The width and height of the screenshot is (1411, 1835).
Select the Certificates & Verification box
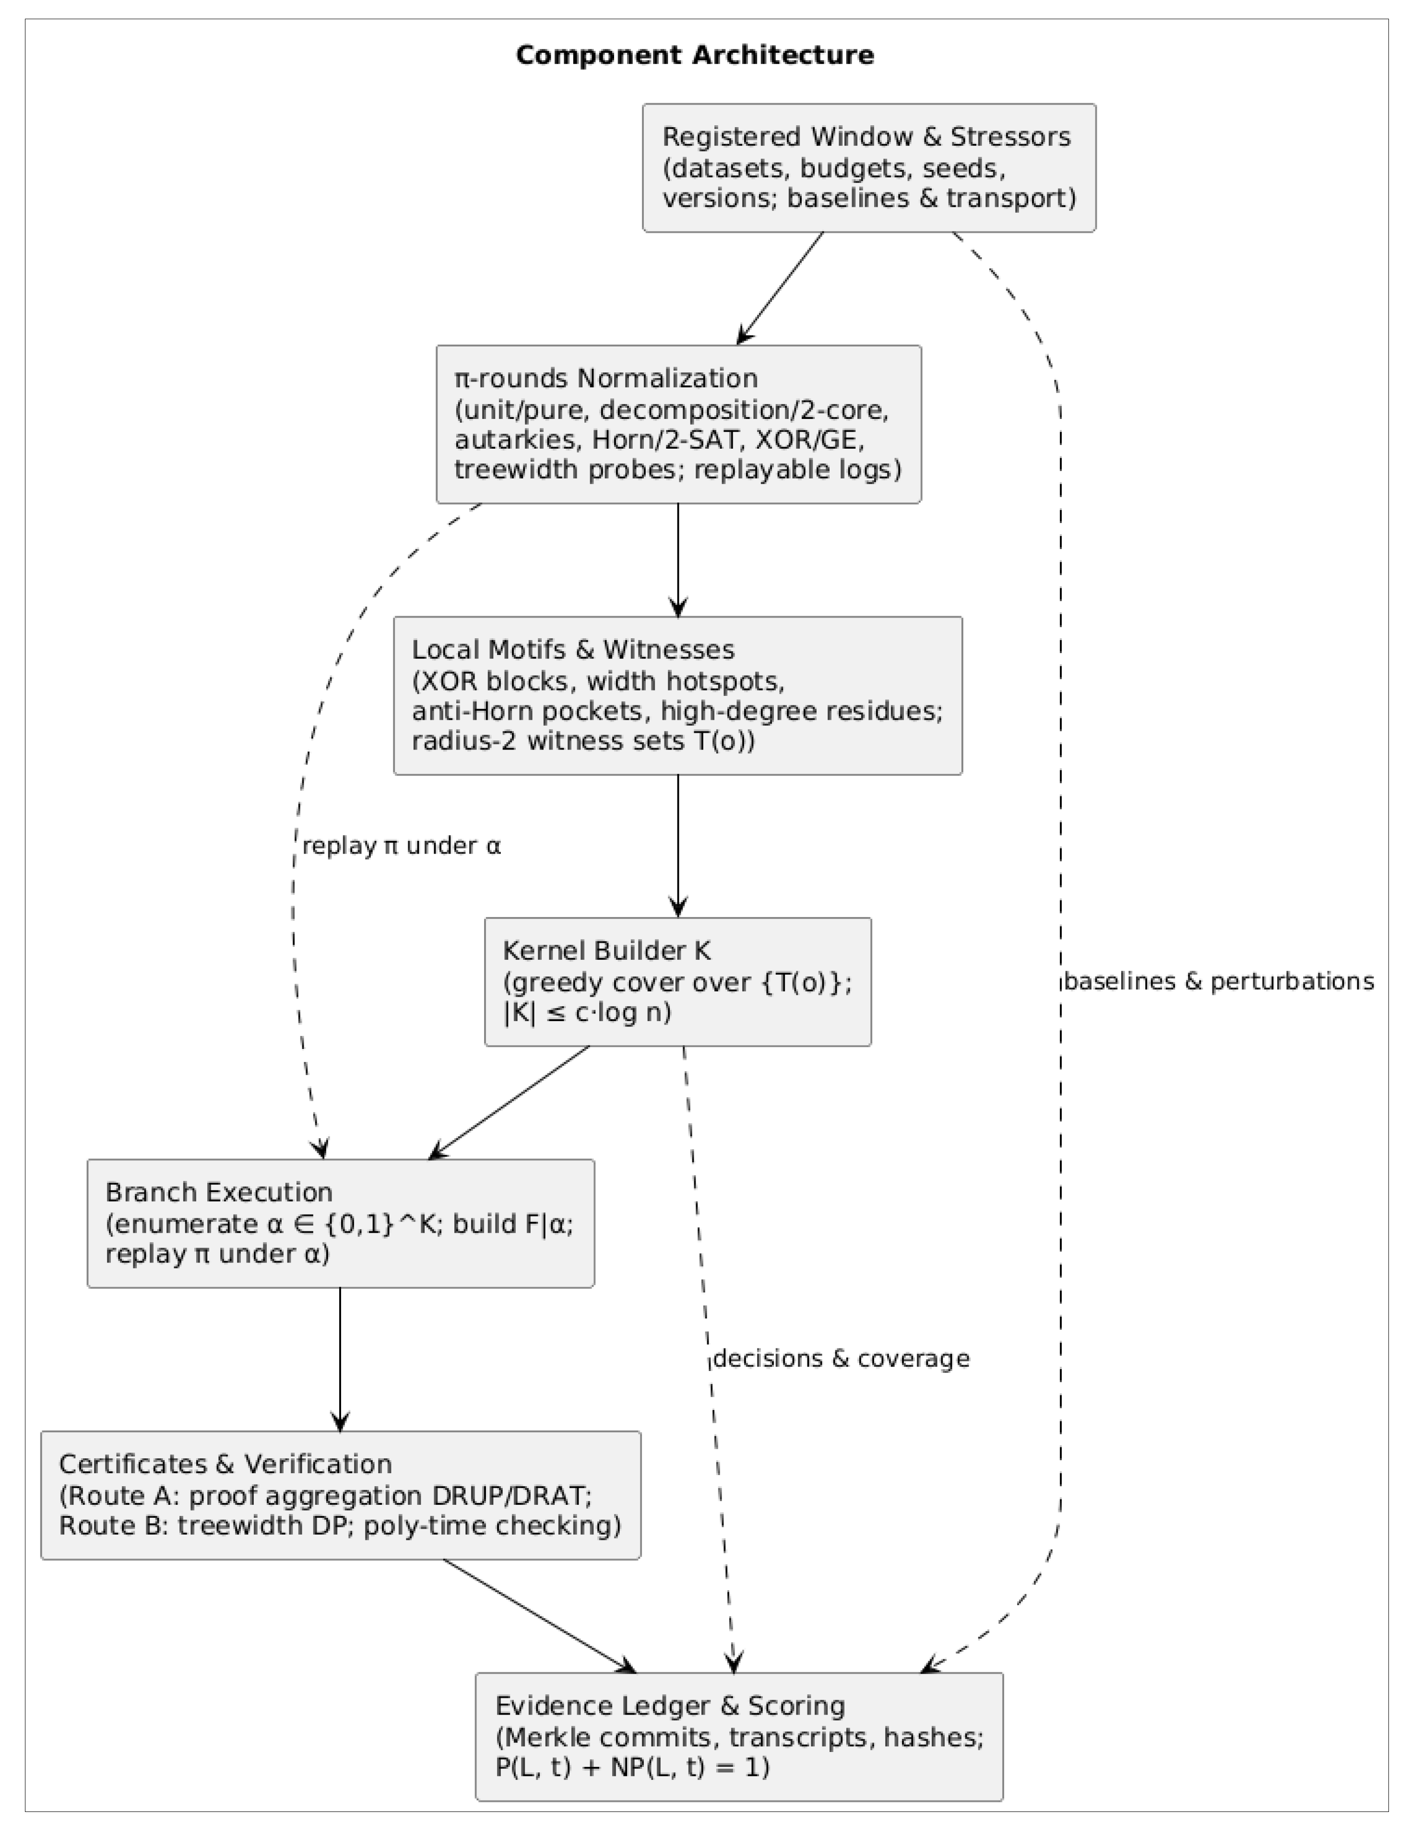(340, 1495)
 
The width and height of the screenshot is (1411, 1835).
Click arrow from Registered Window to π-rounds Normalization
(780, 288)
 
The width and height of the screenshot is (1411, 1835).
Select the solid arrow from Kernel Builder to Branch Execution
(510, 1102)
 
